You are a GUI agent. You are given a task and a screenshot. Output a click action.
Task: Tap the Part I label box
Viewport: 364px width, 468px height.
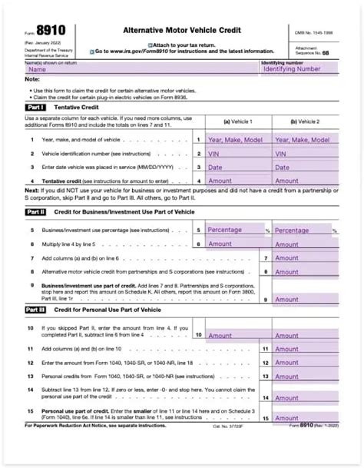(x=35, y=108)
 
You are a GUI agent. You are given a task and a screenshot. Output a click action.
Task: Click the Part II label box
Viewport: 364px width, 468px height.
(x=35, y=211)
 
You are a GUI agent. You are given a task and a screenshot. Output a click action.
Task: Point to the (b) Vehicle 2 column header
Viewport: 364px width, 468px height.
(x=305, y=121)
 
